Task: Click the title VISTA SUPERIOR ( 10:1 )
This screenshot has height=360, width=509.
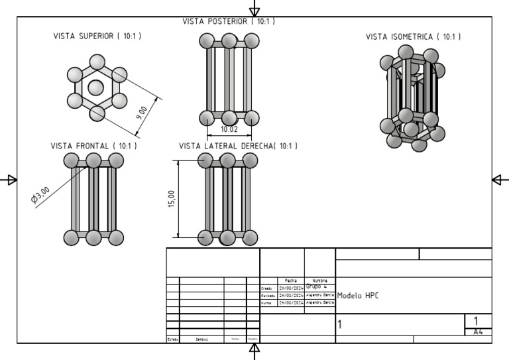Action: click(97, 36)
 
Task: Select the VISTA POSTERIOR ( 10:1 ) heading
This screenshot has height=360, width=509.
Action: click(229, 21)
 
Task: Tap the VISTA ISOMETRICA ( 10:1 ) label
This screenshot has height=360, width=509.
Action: click(414, 37)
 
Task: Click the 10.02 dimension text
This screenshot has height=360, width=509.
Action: click(229, 129)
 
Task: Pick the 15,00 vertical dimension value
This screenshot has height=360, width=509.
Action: click(172, 199)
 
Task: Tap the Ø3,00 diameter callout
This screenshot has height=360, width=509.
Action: click(40, 197)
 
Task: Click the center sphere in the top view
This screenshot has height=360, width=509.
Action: click(96, 87)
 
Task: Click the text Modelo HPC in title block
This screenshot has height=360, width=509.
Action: click(359, 296)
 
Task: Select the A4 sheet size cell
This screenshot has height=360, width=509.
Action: click(478, 331)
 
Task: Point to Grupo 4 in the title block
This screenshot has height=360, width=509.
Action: click(316, 286)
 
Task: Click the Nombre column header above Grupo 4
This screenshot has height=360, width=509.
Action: click(319, 280)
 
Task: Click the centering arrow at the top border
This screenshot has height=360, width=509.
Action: click(254, 10)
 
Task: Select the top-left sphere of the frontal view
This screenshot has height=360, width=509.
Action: click(72, 160)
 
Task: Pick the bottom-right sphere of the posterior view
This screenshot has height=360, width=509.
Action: click(251, 118)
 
